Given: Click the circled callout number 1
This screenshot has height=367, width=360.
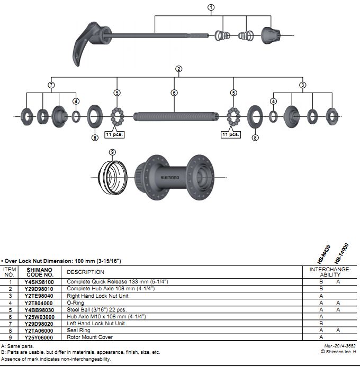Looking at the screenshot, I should pyautogui.click(x=211, y=7).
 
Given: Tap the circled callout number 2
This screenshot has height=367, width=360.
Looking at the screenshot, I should pyautogui.click(x=179, y=69).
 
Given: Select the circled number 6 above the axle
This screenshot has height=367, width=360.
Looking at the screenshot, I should pyautogui.click(x=174, y=93).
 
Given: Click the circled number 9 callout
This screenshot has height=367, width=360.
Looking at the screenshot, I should pyautogui.click(x=112, y=153).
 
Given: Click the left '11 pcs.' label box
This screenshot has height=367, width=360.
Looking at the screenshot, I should pyautogui.click(x=114, y=134).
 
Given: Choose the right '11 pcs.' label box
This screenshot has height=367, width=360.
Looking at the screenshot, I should pyautogui.click(x=231, y=134).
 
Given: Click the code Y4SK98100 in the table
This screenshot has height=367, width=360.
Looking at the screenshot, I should pyautogui.click(x=39, y=282).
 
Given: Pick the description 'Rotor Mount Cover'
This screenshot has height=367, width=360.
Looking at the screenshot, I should pyautogui.click(x=89, y=337).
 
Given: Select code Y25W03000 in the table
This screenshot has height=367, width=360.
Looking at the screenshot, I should pyautogui.click(x=39, y=316).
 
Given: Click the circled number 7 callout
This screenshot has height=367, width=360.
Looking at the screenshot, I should pyautogui.click(x=51, y=85).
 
